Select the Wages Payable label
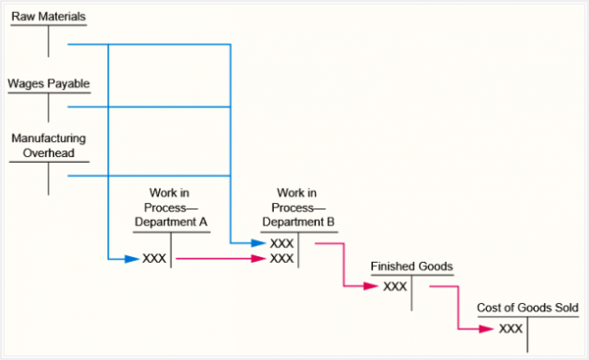tap(49, 83)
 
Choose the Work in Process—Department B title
tap(298, 207)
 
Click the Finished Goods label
tap(411, 266)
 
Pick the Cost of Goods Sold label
tap(527, 308)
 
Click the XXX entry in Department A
tap(154, 258)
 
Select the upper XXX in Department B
tap(281, 243)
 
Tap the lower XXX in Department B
tap(281, 258)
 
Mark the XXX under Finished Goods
tap(395, 285)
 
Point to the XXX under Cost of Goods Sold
tap(510, 328)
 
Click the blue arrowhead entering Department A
tap(133, 258)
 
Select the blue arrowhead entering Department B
tap(260, 243)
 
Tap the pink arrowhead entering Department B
tap(260, 258)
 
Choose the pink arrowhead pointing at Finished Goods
tap(374, 285)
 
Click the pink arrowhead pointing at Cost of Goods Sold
tap(489, 328)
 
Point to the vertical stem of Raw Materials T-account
tap(49, 41)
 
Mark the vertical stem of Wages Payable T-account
tap(49, 108)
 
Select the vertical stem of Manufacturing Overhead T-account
tap(49, 178)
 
